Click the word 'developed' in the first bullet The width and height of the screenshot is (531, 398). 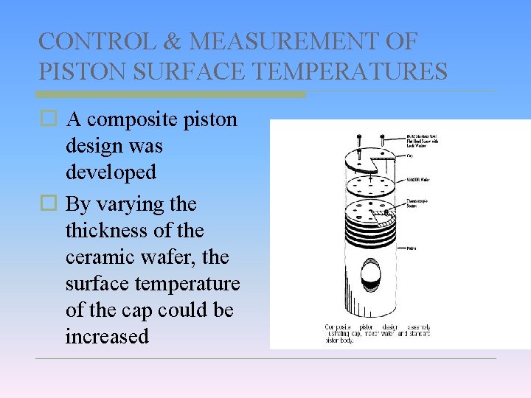coord(111,172)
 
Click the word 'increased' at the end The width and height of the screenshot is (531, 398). coord(107,337)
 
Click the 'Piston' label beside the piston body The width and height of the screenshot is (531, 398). coord(411,248)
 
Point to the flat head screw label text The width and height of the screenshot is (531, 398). coord(424,140)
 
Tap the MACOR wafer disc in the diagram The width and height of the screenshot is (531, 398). coord(369,182)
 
